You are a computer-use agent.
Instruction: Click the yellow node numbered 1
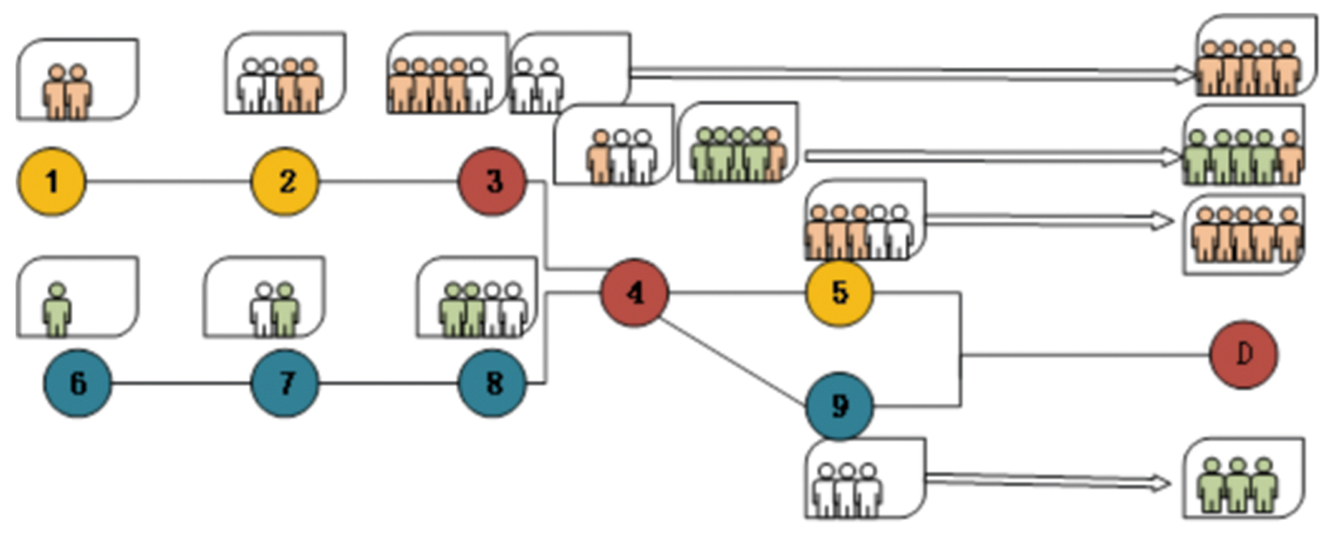52,181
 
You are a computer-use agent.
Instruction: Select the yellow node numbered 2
285,181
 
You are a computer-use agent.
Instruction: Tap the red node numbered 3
493,181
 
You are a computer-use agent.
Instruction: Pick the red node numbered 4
635,293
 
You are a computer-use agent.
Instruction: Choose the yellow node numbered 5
840,293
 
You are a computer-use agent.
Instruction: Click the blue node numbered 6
77,383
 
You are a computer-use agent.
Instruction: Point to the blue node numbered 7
285,383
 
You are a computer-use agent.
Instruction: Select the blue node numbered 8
493,383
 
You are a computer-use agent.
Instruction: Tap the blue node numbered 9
840,407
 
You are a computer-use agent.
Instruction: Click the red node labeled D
1243,355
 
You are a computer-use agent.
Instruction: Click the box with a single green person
77,297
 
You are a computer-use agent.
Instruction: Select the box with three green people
1243,479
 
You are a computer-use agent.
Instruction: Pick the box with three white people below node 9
865,479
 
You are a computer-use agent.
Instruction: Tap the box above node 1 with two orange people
77,80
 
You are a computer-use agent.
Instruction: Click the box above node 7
264,297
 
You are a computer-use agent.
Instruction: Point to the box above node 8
477,297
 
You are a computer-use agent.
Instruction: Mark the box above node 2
285,73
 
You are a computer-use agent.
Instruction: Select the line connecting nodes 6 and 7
181,383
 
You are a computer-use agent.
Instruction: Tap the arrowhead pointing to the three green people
1163,483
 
